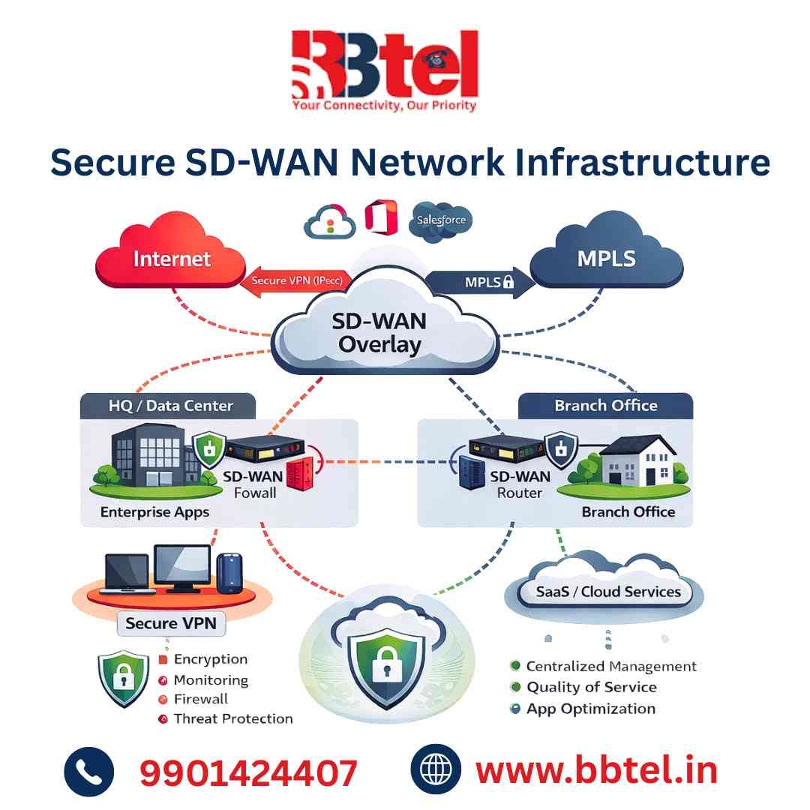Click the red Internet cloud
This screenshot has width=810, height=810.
[x=172, y=259]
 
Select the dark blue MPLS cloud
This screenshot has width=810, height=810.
[x=606, y=259]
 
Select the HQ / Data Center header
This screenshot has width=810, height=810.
[x=167, y=406]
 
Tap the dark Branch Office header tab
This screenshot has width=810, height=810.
[x=605, y=406]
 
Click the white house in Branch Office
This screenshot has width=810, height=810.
[x=637, y=461]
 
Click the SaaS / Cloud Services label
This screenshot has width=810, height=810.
[x=607, y=591]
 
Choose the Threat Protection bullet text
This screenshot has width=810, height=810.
[x=232, y=718]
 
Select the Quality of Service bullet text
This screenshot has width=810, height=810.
[x=591, y=687]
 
